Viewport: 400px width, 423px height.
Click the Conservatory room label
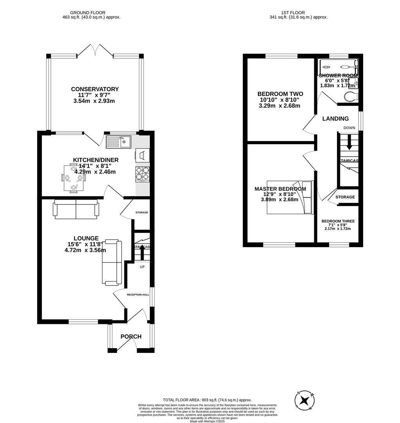(95, 89)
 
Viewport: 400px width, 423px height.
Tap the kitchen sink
(118, 141)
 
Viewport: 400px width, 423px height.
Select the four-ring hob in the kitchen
(142, 174)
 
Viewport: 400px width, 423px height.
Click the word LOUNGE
(86, 238)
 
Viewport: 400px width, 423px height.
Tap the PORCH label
(131, 336)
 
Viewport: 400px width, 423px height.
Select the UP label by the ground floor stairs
(142, 267)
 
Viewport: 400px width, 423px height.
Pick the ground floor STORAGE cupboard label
(142, 212)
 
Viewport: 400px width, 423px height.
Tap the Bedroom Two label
(280, 94)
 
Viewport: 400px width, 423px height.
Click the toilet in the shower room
(351, 96)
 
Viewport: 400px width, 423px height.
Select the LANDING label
(335, 119)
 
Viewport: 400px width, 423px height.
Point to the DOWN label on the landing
(349, 128)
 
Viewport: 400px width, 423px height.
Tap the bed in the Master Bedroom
(290, 197)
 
